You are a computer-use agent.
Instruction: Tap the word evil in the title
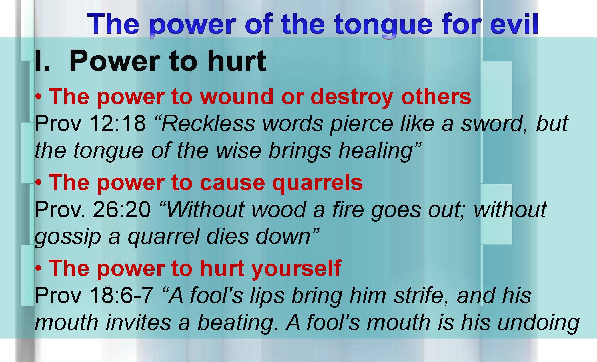click(x=514, y=23)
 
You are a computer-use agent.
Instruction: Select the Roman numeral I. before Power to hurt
click(x=42, y=60)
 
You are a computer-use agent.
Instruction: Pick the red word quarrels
click(x=317, y=183)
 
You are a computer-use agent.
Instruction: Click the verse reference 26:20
click(x=122, y=209)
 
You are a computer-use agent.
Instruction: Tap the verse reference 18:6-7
click(x=121, y=295)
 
